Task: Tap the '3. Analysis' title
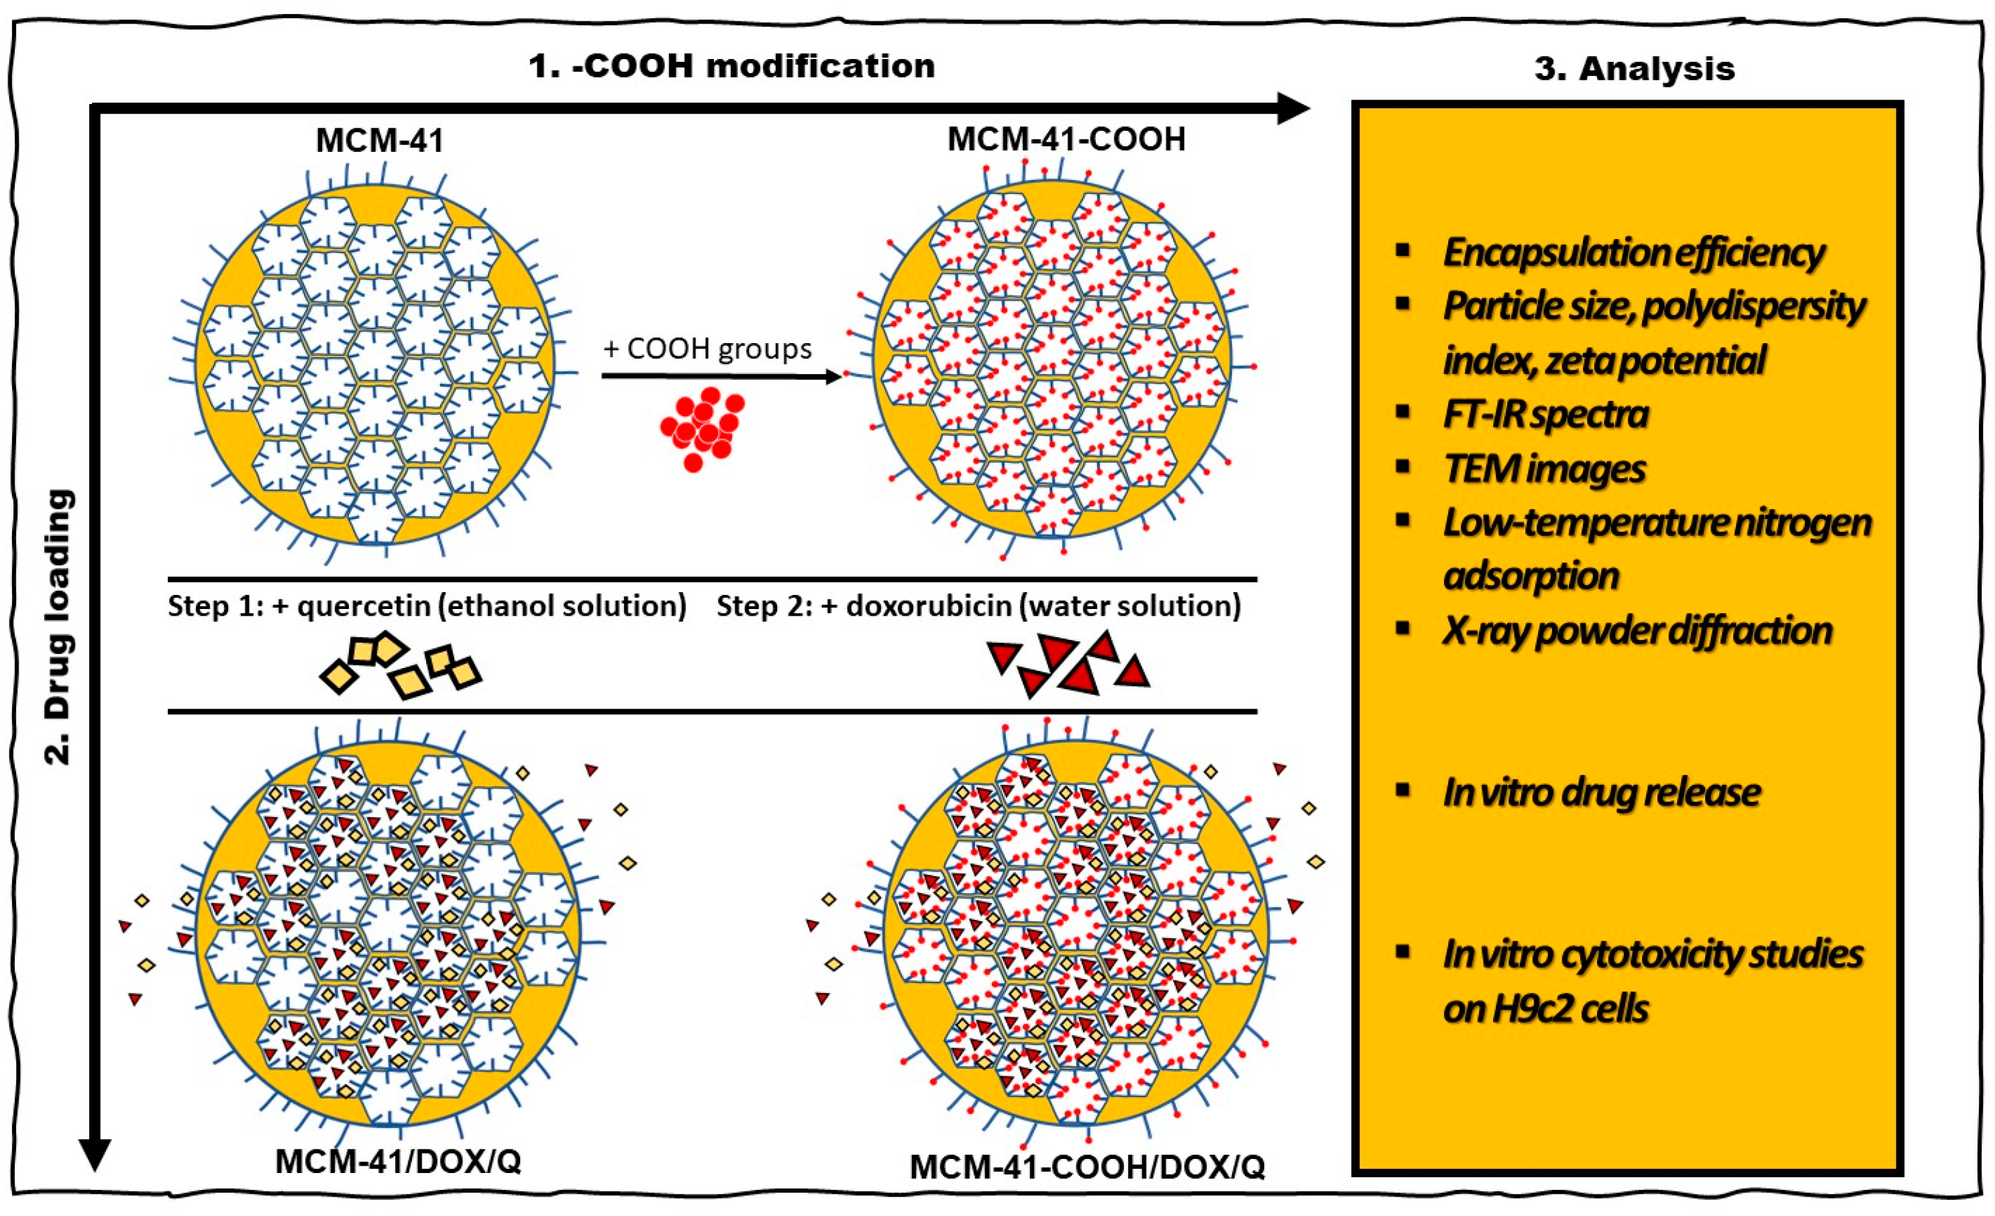click(x=1634, y=69)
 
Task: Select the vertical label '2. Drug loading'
click(x=59, y=627)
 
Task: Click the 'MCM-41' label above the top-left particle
click(x=380, y=141)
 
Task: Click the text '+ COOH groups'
click(x=707, y=349)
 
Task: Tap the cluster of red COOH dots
click(x=701, y=426)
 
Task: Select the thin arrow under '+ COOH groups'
click(x=720, y=376)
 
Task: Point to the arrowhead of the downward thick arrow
click(x=94, y=1154)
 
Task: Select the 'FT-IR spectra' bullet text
click(x=1545, y=415)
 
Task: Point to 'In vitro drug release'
click(x=1600, y=792)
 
